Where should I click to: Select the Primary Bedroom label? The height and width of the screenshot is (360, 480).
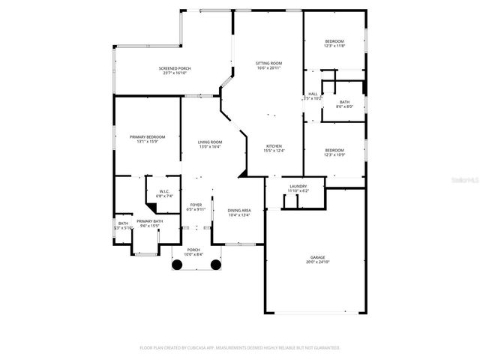(x=147, y=136)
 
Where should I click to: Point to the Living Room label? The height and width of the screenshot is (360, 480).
(x=210, y=142)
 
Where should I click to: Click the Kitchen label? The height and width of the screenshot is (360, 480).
(x=274, y=145)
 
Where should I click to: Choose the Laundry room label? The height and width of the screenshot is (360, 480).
(x=298, y=186)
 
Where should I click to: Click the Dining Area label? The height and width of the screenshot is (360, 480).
(x=238, y=210)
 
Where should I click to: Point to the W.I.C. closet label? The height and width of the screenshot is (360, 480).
(x=164, y=191)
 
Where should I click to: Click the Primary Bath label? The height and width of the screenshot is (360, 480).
(x=150, y=220)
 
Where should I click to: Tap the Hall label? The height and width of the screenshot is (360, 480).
(x=313, y=94)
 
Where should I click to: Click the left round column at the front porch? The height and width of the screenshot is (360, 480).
(x=176, y=264)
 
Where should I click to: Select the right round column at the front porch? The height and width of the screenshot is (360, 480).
(x=215, y=264)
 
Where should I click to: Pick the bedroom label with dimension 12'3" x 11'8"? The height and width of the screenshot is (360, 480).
(x=334, y=40)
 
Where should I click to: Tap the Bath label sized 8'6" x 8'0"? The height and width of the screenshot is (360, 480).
(x=344, y=102)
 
